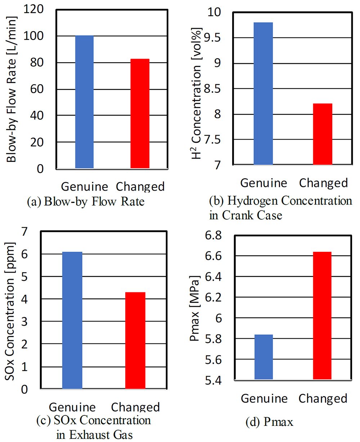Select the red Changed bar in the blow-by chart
140,113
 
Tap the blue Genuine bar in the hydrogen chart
263,94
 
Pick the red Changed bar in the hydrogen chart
322,134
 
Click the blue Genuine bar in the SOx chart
72,320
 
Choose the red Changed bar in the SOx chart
135,340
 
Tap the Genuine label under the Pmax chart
264,399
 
